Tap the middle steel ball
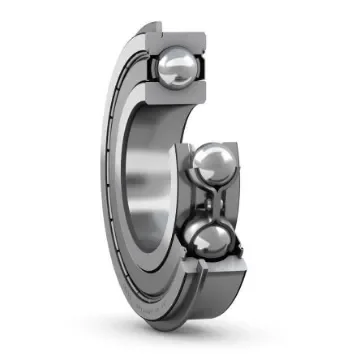coord(215,165)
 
